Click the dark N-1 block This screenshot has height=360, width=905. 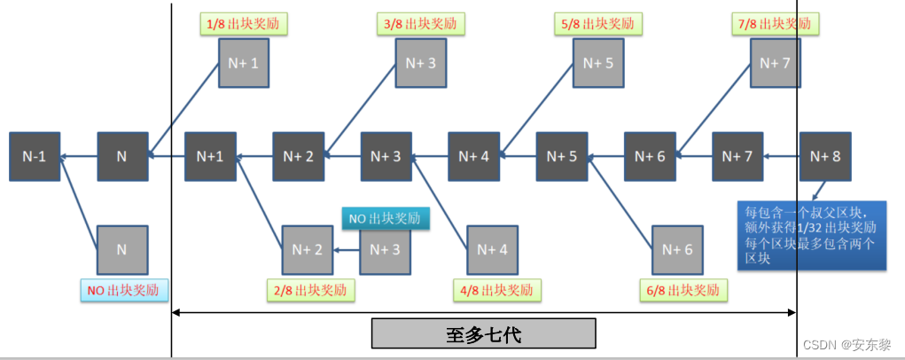(x=35, y=157)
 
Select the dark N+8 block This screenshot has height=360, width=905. (x=825, y=157)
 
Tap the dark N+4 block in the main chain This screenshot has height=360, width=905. (x=473, y=157)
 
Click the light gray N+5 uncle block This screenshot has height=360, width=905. (x=598, y=62)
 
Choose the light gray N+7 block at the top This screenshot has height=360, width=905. (x=775, y=62)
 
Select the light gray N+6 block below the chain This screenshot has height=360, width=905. (x=676, y=250)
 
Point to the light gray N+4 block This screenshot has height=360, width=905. (x=491, y=250)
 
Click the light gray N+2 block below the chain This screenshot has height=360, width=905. (x=307, y=250)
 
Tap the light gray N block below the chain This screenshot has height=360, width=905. (x=121, y=250)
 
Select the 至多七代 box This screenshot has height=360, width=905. (x=483, y=334)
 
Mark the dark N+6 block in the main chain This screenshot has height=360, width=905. (x=650, y=157)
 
